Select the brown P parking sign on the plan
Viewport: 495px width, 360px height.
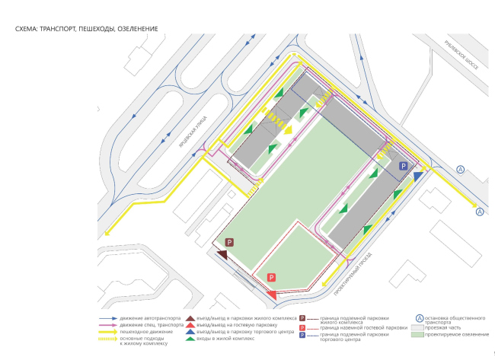coord(229,241)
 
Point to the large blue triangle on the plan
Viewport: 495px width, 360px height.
coord(418,177)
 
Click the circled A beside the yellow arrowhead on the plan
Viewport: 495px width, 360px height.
coord(480,212)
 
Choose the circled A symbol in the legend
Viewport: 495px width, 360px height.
coord(420,319)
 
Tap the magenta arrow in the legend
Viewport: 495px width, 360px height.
coord(109,325)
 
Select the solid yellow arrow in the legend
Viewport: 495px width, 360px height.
coord(109,332)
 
